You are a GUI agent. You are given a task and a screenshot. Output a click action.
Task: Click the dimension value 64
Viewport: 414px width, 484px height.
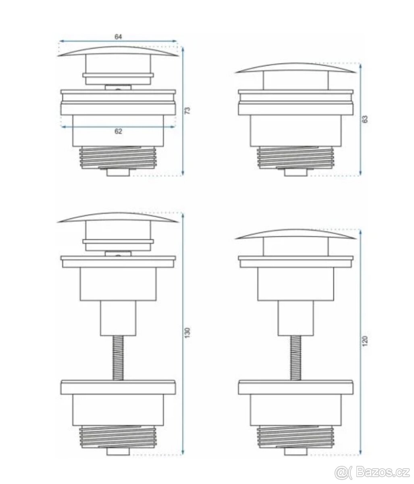[118, 37]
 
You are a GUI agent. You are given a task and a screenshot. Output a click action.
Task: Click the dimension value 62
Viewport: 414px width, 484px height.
[118, 131]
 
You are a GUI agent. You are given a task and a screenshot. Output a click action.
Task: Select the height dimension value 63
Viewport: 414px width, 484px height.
[365, 119]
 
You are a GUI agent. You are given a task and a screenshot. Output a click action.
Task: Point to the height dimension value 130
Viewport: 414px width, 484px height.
[187, 333]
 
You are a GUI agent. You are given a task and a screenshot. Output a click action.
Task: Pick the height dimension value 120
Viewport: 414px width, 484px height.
[365, 341]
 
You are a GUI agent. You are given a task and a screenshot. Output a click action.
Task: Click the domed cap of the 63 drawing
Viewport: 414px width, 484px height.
[295, 66]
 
